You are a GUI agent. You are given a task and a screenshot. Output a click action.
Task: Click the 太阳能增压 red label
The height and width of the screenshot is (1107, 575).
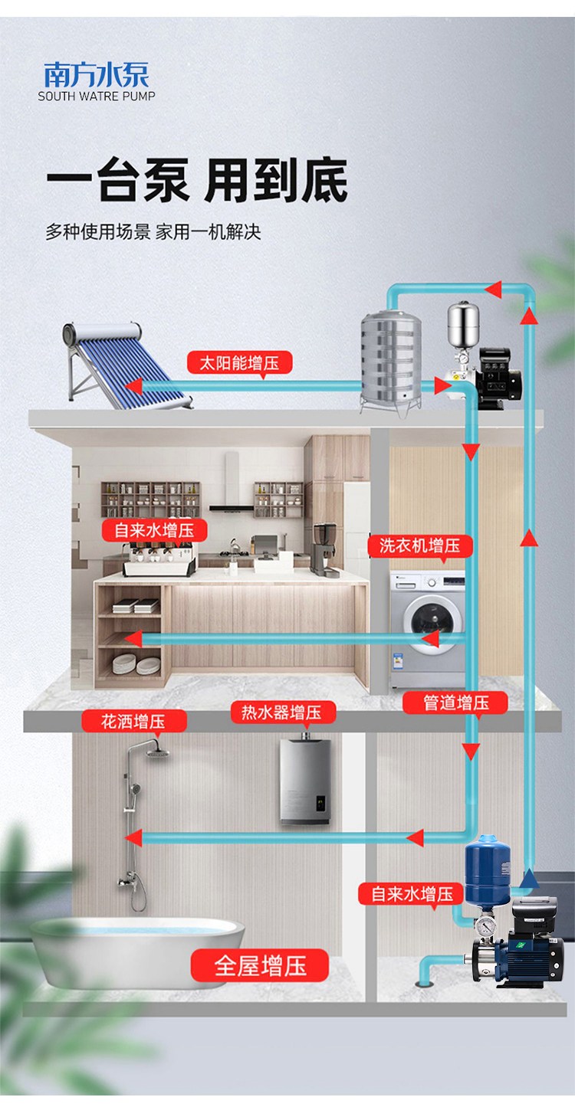coord(239,362)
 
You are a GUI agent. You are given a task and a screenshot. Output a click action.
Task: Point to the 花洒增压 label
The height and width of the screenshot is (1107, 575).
coord(133,721)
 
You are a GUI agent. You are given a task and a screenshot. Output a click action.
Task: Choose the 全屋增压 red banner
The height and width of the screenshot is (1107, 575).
coord(260,965)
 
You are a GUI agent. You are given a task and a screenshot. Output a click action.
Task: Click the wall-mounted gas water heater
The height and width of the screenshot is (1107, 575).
coord(304,781)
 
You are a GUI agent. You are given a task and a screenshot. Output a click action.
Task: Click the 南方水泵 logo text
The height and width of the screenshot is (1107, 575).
coord(97,75)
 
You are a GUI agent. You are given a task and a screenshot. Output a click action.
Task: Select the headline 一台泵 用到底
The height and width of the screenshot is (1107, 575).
coord(197,182)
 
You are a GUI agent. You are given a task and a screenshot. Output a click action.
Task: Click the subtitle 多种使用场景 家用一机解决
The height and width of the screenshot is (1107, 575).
coord(153,231)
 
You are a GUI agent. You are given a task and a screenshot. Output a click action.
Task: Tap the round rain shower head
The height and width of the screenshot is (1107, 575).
coord(158,752)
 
